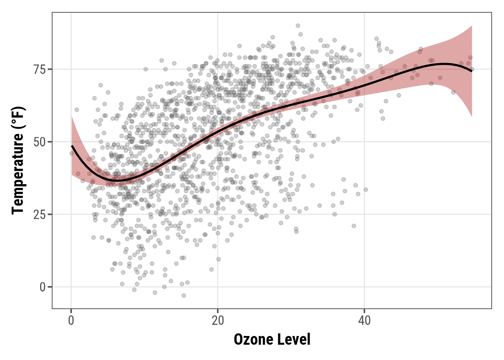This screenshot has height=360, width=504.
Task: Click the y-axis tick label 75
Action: coord(39,69)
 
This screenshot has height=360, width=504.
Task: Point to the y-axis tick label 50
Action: coord(39,142)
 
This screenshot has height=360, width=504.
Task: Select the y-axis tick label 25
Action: coord(39,214)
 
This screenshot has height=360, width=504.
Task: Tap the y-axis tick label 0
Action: coord(42,287)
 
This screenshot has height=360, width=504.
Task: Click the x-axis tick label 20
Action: coord(217,321)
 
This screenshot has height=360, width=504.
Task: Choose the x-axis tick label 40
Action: coord(364,321)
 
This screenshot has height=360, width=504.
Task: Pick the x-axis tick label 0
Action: coord(71,321)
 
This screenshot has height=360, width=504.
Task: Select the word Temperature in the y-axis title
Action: coord(18,173)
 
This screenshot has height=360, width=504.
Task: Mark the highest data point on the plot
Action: coord(298,25)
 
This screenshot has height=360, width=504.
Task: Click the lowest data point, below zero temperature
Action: coord(184,295)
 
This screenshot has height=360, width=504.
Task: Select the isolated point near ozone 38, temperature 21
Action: coord(354,226)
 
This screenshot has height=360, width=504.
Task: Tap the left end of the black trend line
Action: coord(72,145)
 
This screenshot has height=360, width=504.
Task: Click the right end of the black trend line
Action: coord(472,71)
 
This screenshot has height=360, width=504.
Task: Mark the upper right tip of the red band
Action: coord(471,26)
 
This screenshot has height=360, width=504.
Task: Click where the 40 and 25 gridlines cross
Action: coord(364,214)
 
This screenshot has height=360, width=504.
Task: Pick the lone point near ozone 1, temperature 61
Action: coord(77,110)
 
